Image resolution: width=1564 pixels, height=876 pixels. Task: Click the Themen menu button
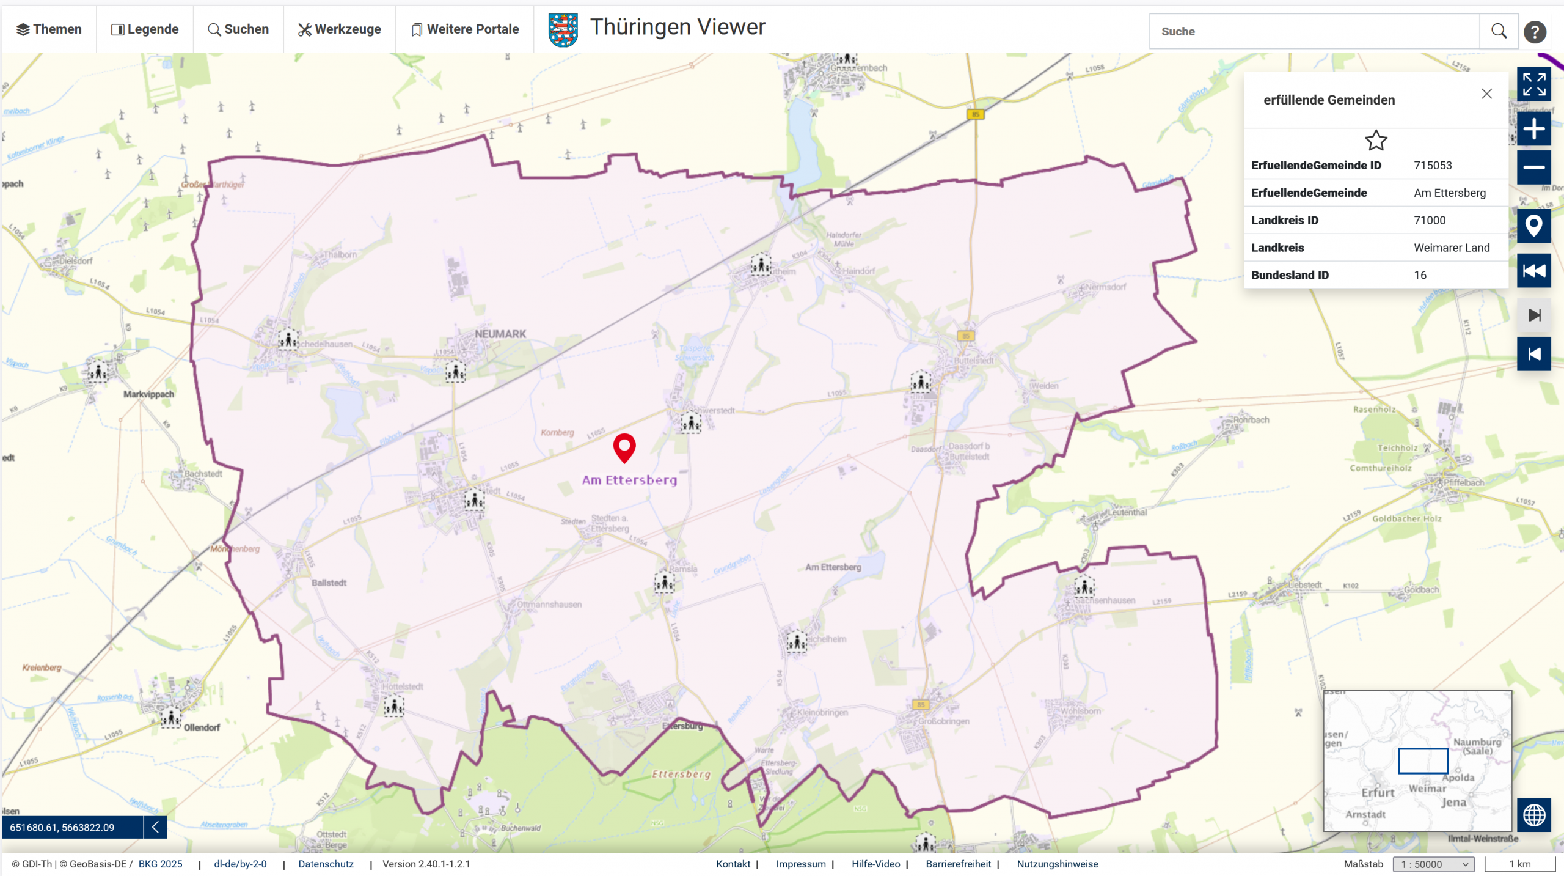pyautogui.click(x=49, y=29)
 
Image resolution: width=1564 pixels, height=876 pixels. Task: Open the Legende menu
pyautogui.click(x=145, y=29)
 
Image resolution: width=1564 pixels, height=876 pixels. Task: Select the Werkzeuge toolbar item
pyautogui.click(x=339, y=29)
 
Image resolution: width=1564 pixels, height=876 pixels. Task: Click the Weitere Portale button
pyautogui.click(x=465, y=29)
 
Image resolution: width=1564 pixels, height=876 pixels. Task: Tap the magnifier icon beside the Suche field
pyautogui.click(x=1499, y=31)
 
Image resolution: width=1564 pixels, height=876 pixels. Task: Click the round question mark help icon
pyautogui.click(x=1534, y=32)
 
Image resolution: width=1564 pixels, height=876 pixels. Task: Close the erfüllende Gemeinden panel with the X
pyautogui.click(x=1486, y=94)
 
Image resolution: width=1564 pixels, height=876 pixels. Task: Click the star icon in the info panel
pyautogui.click(x=1376, y=141)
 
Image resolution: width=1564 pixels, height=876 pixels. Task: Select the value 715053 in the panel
pyautogui.click(x=1433, y=166)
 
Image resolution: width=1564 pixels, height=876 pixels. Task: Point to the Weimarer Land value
pyautogui.click(x=1452, y=248)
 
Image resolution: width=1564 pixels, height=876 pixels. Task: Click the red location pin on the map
pyautogui.click(x=624, y=447)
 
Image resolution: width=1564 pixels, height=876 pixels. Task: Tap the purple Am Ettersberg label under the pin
pyautogui.click(x=629, y=480)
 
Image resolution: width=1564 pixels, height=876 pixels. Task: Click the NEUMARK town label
pyautogui.click(x=500, y=334)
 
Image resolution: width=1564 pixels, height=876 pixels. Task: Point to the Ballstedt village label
pyautogui.click(x=329, y=583)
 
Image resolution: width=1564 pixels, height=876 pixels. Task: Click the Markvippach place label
pyautogui.click(x=148, y=394)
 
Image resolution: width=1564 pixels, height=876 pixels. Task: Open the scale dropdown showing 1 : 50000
pyautogui.click(x=1433, y=864)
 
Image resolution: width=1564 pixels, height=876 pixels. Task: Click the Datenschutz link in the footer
pyautogui.click(x=326, y=864)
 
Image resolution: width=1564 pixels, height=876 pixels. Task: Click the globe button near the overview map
pyautogui.click(x=1533, y=815)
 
